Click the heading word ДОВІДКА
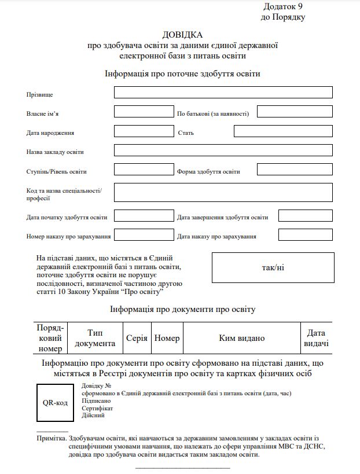point(183,35)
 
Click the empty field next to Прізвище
point(223,93)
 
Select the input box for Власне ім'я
point(144,112)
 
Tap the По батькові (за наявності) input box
point(295,112)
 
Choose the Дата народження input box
point(144,131)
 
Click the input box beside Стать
point(283,131)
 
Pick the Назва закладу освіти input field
point(223,150)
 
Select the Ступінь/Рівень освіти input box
point(144,170)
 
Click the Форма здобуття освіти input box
point(295,170)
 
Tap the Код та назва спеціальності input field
point(223,192)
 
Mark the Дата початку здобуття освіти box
point(144,216)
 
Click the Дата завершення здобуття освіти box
point(305,216)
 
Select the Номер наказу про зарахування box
point(144,235)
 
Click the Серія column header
point(137,338)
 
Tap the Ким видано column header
point(241,338)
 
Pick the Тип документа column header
point(95,338)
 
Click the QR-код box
point(56,403)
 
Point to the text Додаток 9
point(283,6)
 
